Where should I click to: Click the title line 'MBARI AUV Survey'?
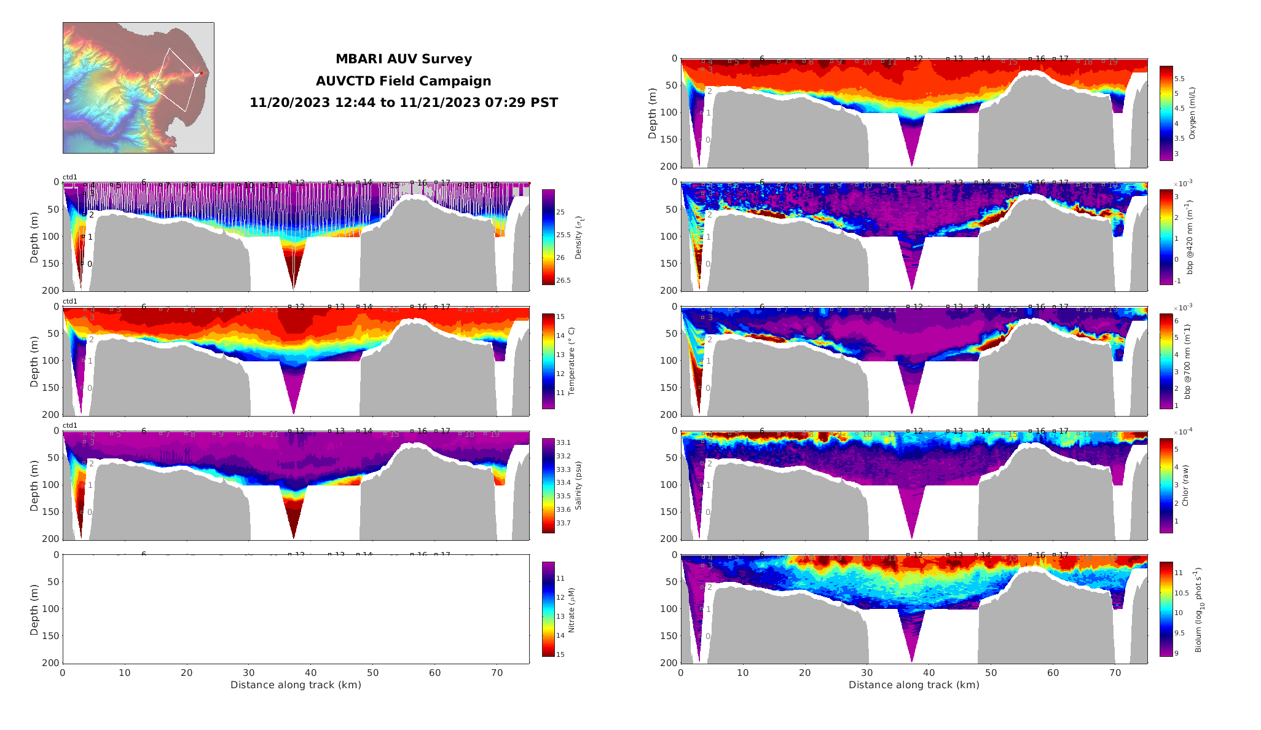click(x=403, y=60)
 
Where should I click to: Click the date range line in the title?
click(x=403, y=103)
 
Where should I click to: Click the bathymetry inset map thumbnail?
click(x=138, y=88)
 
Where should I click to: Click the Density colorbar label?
click(x=578, y=237)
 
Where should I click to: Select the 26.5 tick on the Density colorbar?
click(x=564, y=280)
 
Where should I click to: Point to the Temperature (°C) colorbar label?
click(x=572, y=361)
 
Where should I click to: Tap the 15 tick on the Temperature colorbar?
click(x=560, y=316)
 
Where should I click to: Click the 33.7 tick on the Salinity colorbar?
click(x=564, y=523)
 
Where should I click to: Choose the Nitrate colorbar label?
click(x=572, y=610)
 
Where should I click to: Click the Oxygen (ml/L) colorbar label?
click(x=1192, y=113)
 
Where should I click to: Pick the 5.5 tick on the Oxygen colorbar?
click(x=1180, y=79)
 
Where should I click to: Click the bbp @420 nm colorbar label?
click(x=1190, y=237)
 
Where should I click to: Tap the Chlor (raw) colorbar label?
click(x=1185, y=485)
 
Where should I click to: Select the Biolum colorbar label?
click(x=1198, y=610)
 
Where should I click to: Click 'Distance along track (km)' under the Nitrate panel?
click(x=296, y=685)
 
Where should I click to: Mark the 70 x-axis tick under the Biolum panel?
click(x=1115, y=673)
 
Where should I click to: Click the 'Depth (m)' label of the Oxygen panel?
click(x=653, y=113)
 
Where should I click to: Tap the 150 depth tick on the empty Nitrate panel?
click(x=51, y=636)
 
